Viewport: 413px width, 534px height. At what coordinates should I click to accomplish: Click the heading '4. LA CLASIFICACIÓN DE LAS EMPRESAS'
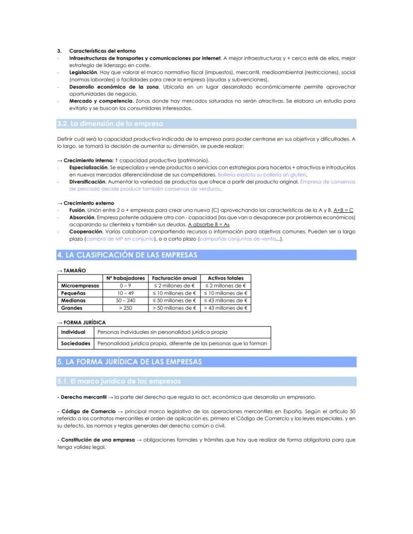click(x=127, y=255)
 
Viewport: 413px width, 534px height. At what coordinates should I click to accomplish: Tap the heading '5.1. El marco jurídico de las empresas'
click(x=119, y=381)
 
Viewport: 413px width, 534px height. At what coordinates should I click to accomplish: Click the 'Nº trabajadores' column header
click(x=125, y=278)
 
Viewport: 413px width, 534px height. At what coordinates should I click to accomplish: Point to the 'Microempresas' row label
click(x=80, y=286)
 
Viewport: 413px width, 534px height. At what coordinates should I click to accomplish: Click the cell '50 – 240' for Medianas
click(x=125, y=301)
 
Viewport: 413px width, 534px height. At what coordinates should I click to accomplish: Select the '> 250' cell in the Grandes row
click(x=125, y=308)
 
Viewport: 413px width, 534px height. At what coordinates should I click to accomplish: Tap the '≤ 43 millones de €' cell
click(x=225, y=301)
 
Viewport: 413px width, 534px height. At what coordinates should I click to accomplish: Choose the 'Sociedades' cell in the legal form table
click(x=76, y=344)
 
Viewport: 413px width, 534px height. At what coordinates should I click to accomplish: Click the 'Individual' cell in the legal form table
click(x=73, y=332)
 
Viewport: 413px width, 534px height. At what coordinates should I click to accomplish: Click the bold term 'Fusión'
click(x=77, y=210)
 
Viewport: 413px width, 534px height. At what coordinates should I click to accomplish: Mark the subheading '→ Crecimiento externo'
click(x=85, y=203)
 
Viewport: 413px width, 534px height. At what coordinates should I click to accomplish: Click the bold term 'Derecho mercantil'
click(x=83, y=397)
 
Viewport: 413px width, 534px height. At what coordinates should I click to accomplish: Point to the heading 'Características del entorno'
click(x=102, y=51)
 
